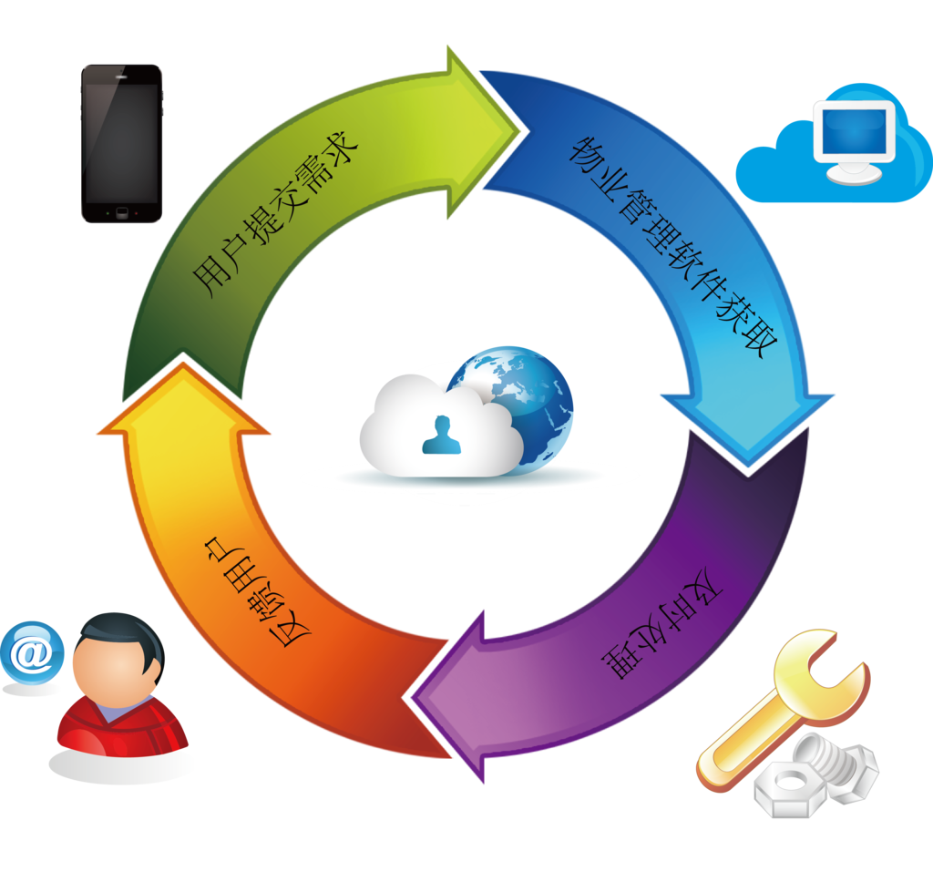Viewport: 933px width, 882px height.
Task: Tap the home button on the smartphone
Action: click(121, 213)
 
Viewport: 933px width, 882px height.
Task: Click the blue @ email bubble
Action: click(33, 651)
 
